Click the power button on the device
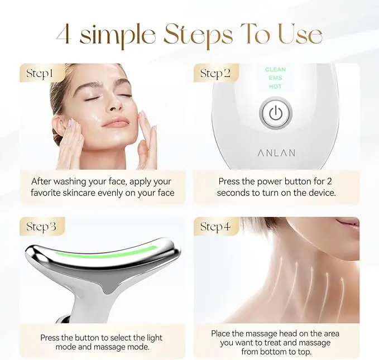(276, 113)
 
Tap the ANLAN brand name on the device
(276, 153)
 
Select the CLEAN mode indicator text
(275, 70)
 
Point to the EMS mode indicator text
(275, 78)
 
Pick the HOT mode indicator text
(275, 87)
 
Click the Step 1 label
(40, 74)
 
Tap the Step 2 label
(215, 74)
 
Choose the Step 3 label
(41, 227)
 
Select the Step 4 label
(215, 227)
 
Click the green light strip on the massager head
(105, 252)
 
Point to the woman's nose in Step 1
(114, 105)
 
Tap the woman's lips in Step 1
(116, 122)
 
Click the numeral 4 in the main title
(64, 34)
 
